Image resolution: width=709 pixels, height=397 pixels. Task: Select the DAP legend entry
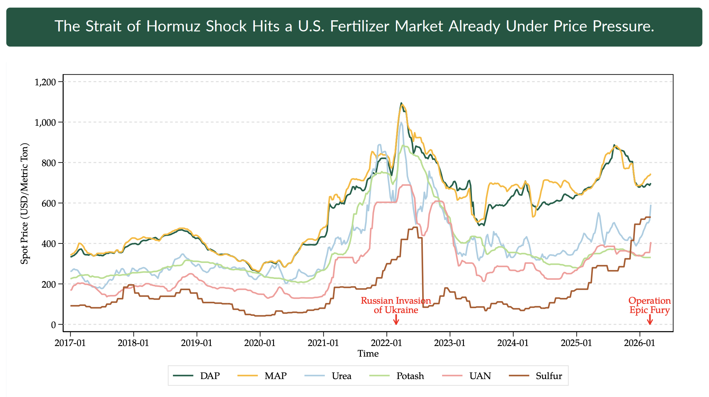[197, 376]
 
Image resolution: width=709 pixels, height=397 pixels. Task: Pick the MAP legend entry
[262, 376]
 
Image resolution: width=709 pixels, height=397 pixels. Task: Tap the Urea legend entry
[328, 376]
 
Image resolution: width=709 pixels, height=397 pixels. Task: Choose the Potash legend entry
[397, 376]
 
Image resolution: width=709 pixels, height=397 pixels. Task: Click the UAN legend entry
[467, 376]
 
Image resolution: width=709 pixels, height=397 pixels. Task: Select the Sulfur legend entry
[536, 376]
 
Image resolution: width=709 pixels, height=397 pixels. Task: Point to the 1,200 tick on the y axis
[45, 82]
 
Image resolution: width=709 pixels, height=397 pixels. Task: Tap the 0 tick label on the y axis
[53, 325]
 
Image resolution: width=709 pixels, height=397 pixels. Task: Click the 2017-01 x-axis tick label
[70, 343]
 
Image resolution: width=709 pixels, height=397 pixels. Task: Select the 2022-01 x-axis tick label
[387, 343]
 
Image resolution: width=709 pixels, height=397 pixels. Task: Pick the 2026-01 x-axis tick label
[639, 343]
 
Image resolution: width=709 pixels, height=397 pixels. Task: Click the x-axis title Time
[368, 354]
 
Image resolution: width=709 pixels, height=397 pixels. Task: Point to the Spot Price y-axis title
[25, 203]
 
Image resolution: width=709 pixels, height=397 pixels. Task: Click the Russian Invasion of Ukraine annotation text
[396, 305]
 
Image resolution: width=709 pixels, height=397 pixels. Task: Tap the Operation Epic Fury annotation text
[650, 305]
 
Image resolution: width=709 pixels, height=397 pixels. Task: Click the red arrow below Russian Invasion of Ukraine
[396, 320]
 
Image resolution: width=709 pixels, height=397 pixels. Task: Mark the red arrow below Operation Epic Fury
[650, 320]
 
